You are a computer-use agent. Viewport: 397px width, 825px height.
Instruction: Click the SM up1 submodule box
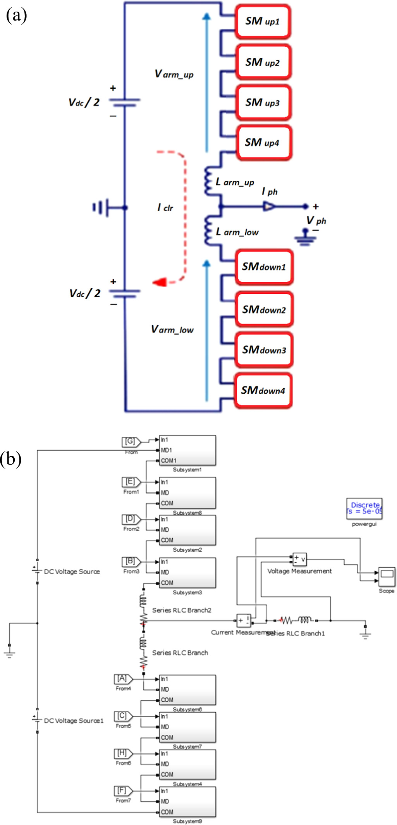[x=263, y=21]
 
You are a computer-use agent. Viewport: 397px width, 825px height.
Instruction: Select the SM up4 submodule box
[x=263, y=143]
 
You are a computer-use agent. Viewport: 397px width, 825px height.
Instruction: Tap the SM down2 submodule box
[x=264, y=310]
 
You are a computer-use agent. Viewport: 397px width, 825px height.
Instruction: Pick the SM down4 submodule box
[x=263, y=390]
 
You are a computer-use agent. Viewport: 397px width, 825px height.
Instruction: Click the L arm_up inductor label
[x=235, y=182]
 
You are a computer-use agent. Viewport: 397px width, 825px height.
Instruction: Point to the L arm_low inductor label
[x=237, y=232]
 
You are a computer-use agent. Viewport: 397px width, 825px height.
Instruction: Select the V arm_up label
[x=174, y=74]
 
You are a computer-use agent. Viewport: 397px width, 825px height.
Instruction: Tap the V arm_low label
[x=172, y=330]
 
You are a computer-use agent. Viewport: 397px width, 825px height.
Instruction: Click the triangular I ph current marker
[x=269, y=207]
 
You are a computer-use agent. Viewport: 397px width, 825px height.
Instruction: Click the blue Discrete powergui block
[x=364, y=508]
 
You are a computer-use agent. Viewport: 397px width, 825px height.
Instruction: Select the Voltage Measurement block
[x=299, y=559]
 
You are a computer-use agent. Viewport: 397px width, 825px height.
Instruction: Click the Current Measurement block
[x=244, y=620]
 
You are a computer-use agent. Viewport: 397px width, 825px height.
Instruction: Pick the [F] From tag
[x=123, y=790]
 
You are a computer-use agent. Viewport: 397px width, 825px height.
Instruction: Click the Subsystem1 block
[x=187, y=450]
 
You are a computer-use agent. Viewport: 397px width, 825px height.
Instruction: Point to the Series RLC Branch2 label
[x=182, y=610]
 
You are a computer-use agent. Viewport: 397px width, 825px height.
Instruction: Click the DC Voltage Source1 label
[x=74, y=720]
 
